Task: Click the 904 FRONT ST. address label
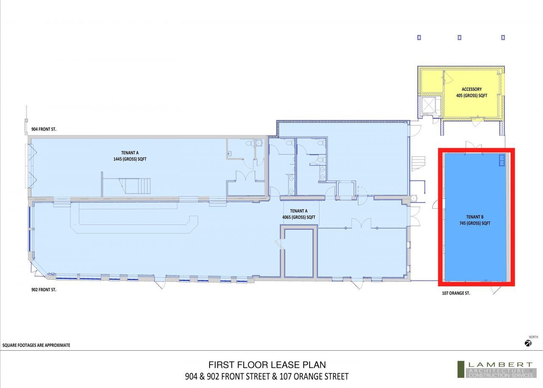click(44, 129)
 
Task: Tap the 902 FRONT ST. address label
click(44, 290)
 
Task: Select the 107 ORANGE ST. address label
click(456, 293)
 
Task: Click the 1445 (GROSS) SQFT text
click(130, 159)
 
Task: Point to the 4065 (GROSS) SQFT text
click(299, 217)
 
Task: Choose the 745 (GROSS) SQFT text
click(475, 223)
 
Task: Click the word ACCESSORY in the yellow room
click(471, 89)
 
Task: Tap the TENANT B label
click(475, 217)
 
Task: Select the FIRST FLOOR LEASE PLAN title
click(267, 365)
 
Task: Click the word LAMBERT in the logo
click(500, 365)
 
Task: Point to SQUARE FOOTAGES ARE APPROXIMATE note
click(36, 345)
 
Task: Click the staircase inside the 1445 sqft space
click(134, 186)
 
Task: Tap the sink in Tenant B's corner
click(501, 160)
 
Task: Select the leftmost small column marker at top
click(419, 38)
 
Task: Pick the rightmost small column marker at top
click(503, 38)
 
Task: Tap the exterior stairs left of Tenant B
click(419, 164)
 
